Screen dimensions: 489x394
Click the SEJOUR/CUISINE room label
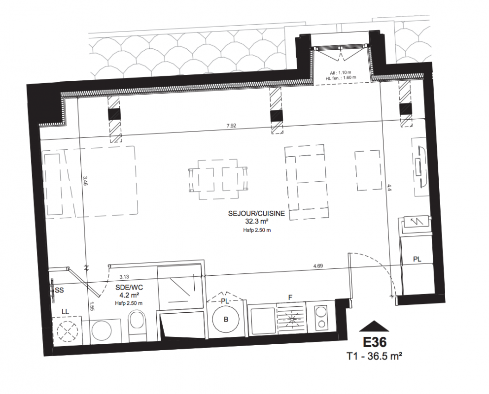(256, 214)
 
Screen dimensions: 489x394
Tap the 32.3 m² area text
(257, 222)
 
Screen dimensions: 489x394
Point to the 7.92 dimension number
(231, 126)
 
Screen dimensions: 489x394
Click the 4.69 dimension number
(318, 266)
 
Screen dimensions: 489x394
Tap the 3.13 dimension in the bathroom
(124, 276)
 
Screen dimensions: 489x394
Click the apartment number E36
(374, 342)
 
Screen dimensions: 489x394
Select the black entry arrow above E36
(374, 326)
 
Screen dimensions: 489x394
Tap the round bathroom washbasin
(102, 332)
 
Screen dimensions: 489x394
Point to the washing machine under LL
(67, 331)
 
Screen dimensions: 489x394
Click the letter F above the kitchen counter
(290, 297)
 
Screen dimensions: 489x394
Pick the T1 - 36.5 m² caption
(374, 356)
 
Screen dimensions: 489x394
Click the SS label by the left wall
(59, 290)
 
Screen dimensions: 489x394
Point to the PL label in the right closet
(417, 259)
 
